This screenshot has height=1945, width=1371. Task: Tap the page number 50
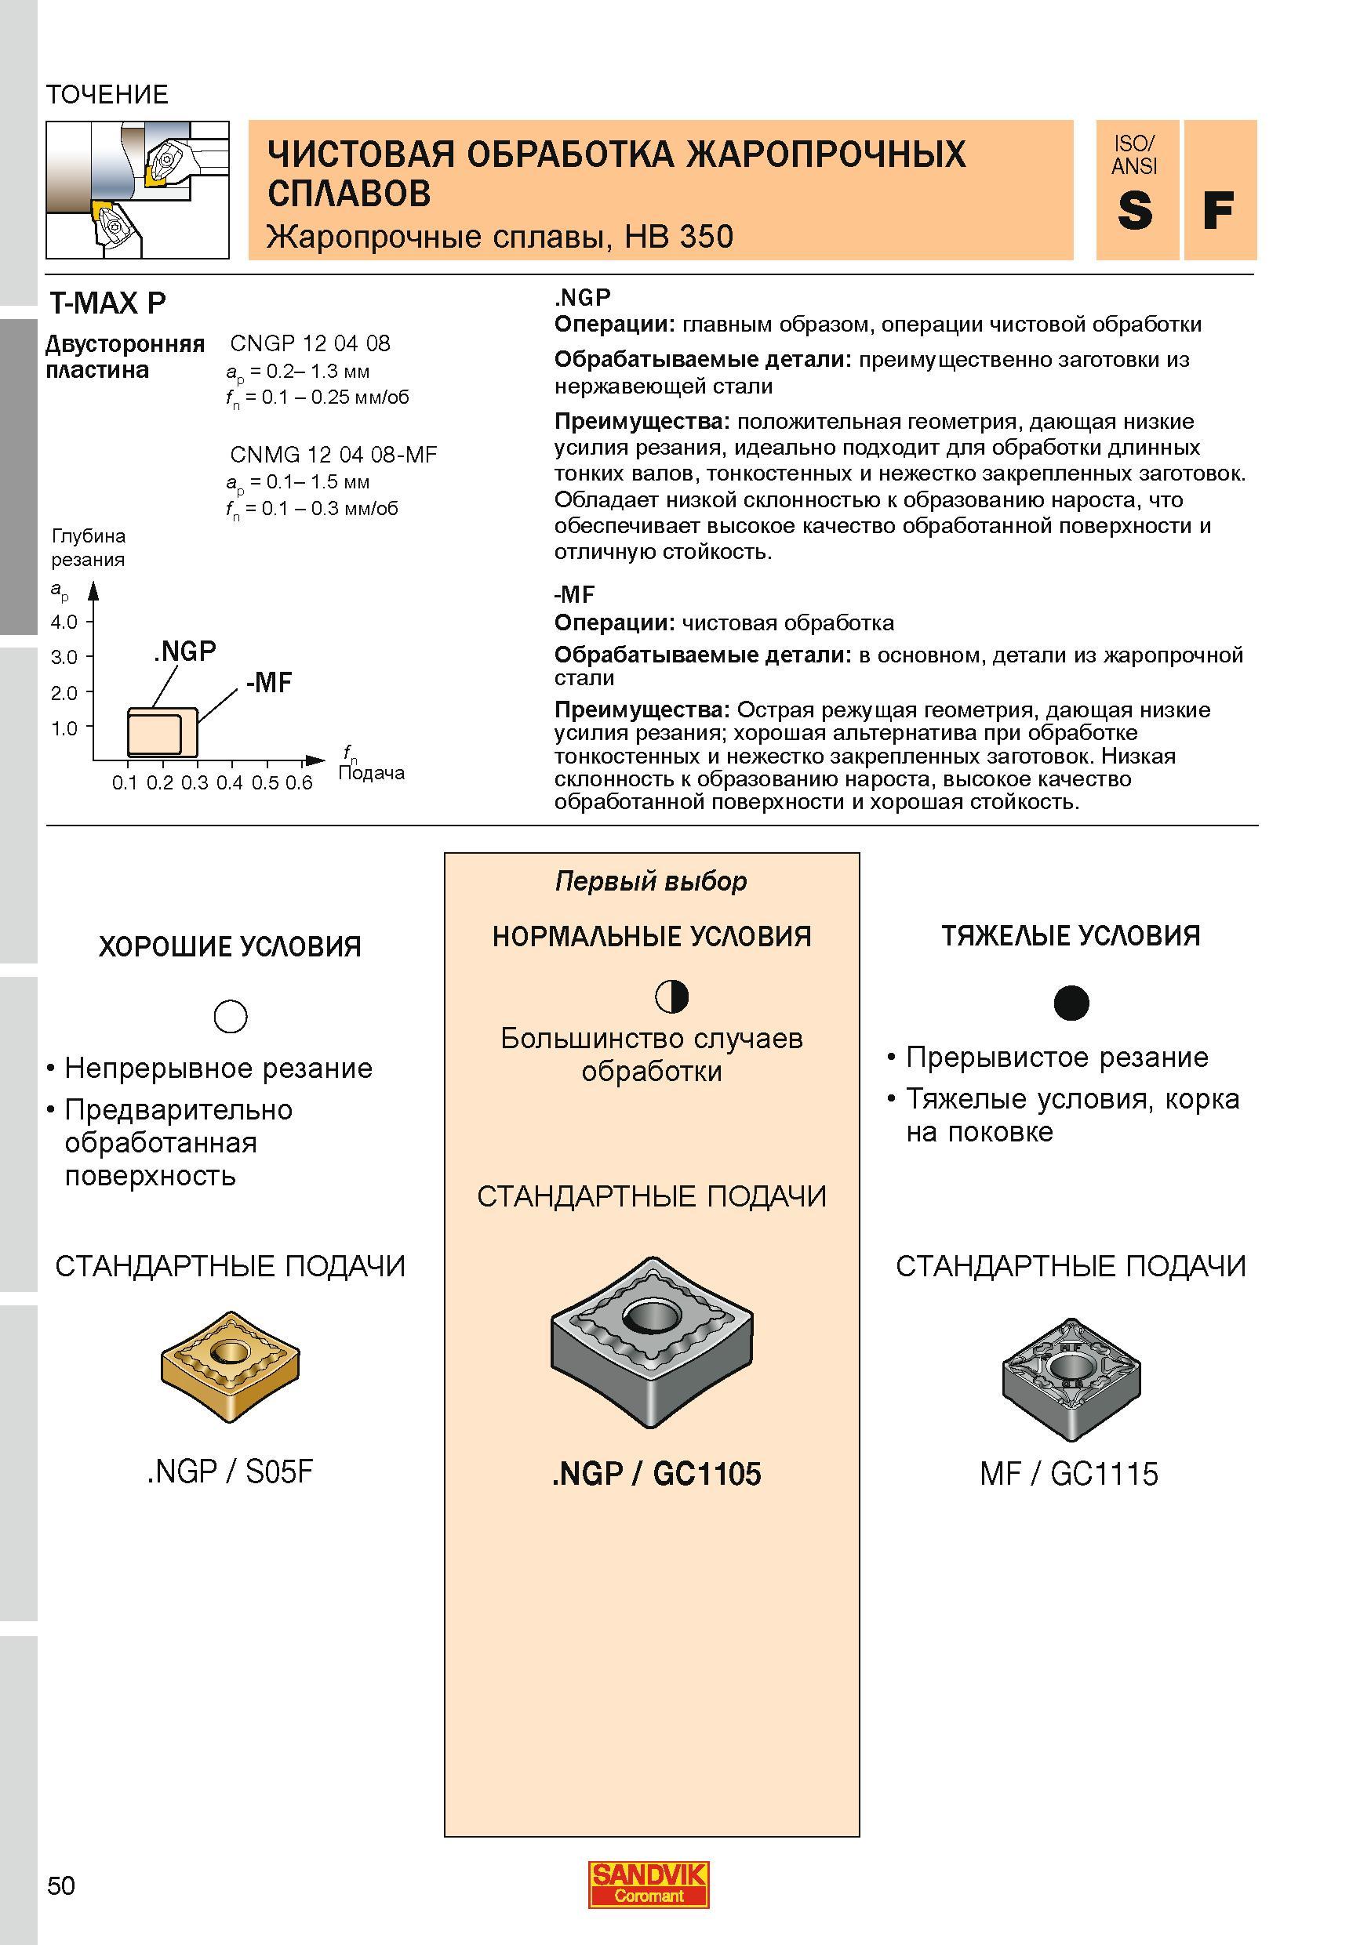click(61, 1885)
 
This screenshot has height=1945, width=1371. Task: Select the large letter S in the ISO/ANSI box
click(1135, 211)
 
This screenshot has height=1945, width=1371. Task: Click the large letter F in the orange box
click(1217, 211)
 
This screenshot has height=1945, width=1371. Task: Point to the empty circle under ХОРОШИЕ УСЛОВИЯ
click(231, 1016)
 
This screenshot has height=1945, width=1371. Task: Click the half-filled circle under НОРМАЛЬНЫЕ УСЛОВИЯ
click(672, 997)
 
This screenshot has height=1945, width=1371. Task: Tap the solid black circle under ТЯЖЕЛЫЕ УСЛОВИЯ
click(1071, 1003)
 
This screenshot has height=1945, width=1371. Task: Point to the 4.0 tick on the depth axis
click(64, 622)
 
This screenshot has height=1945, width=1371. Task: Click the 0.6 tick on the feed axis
click(299, 782)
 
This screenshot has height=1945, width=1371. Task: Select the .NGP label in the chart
click(185, 651)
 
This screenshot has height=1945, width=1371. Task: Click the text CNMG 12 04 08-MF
click(334, 455)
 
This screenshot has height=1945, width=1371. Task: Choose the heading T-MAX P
click(107, 303)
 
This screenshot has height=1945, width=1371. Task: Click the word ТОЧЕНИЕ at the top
click(107, 94)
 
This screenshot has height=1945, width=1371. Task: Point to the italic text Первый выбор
click(651, 882)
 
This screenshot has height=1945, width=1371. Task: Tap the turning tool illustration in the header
click(137, 189)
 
